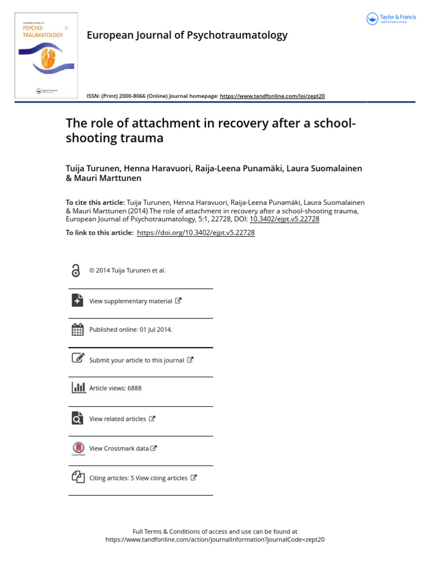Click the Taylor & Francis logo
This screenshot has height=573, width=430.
coord(391,19)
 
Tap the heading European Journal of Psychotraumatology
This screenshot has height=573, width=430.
coord(187,35)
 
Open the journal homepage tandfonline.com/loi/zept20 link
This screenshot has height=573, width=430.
coord(272,96)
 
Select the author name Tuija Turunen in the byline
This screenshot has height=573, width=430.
coord(92,168)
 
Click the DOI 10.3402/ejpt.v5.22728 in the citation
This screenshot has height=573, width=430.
coord(284,219)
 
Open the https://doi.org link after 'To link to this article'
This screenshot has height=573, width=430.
coord(195,233)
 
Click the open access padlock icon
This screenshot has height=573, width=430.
coord(76,271)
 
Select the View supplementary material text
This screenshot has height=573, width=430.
coord(130,301)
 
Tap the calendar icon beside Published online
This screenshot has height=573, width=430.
coord(78,330)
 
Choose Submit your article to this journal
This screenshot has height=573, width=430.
coord(137,360)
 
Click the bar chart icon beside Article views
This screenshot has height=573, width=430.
coord(78,388)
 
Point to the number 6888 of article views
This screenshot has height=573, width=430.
coord(134,388)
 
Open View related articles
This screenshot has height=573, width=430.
coord(118,419)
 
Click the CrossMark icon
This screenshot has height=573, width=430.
coord(78,449)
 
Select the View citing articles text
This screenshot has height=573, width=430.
coord(161,478)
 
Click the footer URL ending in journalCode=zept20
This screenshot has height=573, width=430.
coord(215,540)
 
